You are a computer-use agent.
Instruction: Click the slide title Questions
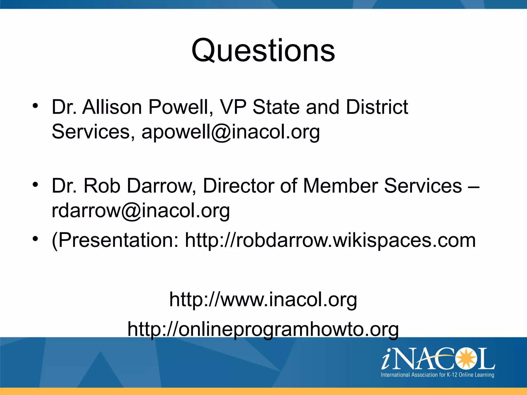click(263, 50)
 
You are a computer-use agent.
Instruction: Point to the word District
click(377, 107)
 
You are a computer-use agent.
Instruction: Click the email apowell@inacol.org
click(231, 132)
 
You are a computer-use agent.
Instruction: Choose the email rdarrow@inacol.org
click(141, 211)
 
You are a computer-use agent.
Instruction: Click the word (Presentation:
click(115, 240)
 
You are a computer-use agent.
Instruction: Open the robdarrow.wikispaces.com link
click(330, 240)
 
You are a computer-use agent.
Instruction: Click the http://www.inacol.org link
click(263, 300)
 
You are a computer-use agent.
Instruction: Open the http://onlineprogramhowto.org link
click(263, 329)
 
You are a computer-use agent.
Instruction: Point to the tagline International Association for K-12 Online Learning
click(437, 375)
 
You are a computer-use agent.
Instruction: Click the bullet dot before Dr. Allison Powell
click(35, 106)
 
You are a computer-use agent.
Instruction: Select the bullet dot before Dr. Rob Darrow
click(35, 184)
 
